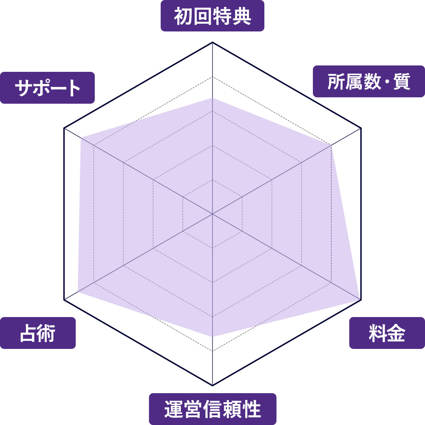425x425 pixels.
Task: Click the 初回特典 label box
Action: coord(212,16)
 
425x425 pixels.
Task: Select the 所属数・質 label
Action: coord(368,81)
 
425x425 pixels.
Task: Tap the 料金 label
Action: coord(387,333)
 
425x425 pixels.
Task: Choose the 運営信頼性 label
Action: coord(212,409)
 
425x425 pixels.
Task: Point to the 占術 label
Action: coord(38,333)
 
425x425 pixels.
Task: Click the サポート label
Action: coord(47,88)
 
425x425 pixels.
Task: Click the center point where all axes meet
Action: coord(212,214)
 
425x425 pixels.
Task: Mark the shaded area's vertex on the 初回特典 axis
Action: coord(212,98)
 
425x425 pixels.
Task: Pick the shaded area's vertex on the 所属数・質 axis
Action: coord(331,145)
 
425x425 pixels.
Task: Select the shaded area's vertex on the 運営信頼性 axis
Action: coord(212,337)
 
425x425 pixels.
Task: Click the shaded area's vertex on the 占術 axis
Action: coord(78,292)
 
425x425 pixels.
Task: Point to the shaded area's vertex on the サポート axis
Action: coord(80,138)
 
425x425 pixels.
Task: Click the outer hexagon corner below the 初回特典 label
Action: coord(212,42)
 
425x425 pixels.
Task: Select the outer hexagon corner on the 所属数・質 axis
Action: coord(361,128)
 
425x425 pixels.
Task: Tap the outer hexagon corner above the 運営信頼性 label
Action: coord(212,385)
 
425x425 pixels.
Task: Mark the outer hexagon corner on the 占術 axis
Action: coord(64,300)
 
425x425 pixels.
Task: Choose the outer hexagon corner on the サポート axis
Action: coord(64,128)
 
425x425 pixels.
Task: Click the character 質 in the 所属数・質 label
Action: coord(402,82)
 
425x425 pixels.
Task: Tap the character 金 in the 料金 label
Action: coord(396,333)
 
